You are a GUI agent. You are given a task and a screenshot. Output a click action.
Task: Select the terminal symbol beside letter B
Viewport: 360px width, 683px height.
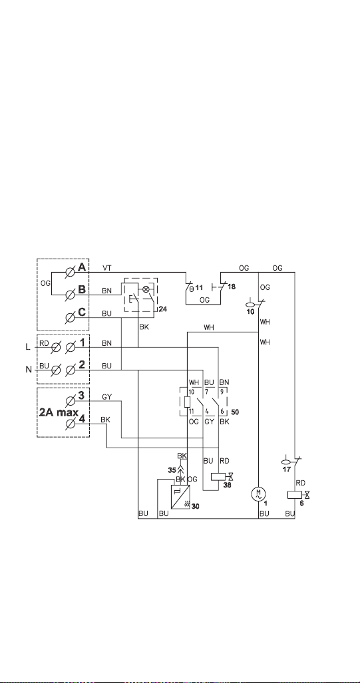click(69, 295)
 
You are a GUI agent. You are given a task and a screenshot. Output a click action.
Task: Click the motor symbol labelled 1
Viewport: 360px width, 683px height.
click(258, 494)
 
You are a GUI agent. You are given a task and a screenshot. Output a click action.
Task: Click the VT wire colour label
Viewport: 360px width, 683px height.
click(106, 268)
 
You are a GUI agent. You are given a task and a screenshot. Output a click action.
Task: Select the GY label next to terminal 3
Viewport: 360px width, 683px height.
click(106, 397)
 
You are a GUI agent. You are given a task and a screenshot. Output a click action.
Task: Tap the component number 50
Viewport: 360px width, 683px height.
click(236, 411)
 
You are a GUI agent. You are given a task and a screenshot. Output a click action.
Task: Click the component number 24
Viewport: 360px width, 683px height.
click(163, 309)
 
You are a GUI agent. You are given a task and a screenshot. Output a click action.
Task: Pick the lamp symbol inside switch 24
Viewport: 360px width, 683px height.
click(146, 289)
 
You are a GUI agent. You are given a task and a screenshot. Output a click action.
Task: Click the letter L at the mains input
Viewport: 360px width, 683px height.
click(29, 346)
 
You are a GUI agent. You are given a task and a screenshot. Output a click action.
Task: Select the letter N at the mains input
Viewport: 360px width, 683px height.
click(29, 370)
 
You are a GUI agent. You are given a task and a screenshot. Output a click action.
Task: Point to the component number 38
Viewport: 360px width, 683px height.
click(228, 484)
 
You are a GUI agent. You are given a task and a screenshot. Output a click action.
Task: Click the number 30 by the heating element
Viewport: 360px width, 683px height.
click(195, 507)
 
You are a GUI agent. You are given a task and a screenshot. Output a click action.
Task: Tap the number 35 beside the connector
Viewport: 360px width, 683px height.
click(172, 470)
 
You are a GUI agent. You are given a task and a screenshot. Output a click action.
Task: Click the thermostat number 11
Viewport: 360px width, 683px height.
click(200, 287)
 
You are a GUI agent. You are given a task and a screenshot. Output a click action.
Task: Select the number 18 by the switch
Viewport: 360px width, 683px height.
click(232, 287)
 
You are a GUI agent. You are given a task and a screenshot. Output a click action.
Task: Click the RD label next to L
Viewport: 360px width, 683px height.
click(44, 343)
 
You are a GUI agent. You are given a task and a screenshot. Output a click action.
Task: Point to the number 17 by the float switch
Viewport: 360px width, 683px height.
click(286, 470)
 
